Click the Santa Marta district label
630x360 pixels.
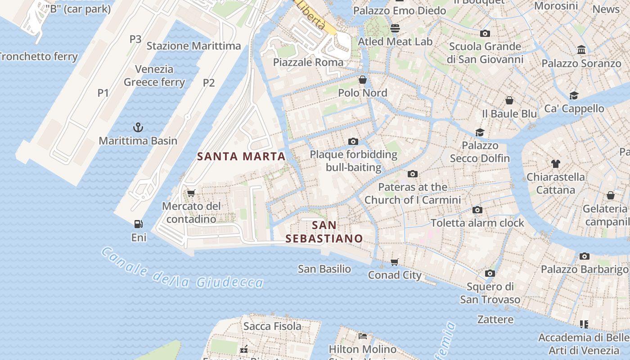pyautogui.click(x=241, y=157)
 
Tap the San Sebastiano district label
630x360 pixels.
pyautogui.click(x=324, y=232)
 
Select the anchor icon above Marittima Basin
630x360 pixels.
pyautogui.click(x=138, y=127)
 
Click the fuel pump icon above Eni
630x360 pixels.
pyautogui.click(x=139, y=224)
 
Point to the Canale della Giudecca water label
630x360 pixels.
pyautogui.click(x=182, y=269)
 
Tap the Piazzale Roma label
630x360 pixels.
pyautogui.click(x=308, y=63)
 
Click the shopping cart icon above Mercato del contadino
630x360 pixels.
pyautogui.click(x=191, y=193)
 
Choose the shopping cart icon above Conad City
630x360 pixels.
pyautogui.click(x=395, y=262)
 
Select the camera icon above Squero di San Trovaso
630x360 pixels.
pyautogui.click(x=490, y=273)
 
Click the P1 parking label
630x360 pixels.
pyautogui.click(x=103, y=93)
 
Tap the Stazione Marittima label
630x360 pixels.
pyautogui.click(x=193, y=46)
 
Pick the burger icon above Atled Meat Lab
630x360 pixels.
pyautogui.click(x=395, y=28)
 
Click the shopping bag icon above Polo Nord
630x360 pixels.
pyautogui.click(x=362, y=80)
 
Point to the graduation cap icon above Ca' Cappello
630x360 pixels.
pyautogui.click(x=574, y=95)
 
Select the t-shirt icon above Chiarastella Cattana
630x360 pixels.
pyautogui.click(x=556, y=164)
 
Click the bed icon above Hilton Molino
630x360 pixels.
pyautogui.click(x=363, y=336)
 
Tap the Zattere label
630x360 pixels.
pyautogui.click(x=495, y=319)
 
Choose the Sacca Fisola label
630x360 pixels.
pyautogui.click(x=272, y=326)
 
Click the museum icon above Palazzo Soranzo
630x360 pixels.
pyautogui.click(x=581, y=49)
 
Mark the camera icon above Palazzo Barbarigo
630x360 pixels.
pyautogui.click(x=584, y=256)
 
